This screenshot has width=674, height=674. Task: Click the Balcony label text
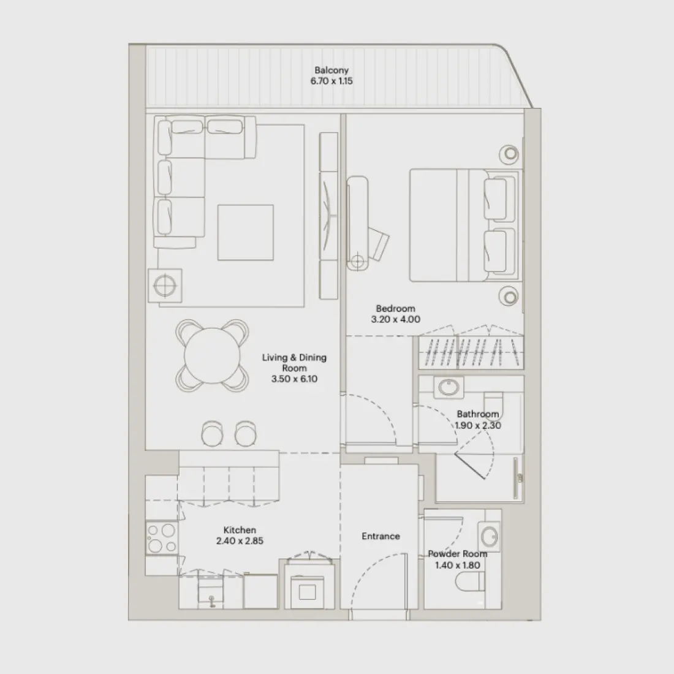(x=331, y=70)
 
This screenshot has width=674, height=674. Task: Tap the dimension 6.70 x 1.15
(x=331, y=81)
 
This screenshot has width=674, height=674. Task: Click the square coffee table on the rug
(x=245, y=232)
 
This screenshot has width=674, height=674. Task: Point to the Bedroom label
(x=395, y=309)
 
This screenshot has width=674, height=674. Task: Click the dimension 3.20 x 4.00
(x=395, y=319)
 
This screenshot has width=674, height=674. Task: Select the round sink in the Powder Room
(x=490, y=537)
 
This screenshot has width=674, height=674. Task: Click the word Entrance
(x=381, y=536)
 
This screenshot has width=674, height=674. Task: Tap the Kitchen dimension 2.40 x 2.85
(x=240, y=541)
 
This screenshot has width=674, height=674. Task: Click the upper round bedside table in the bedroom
(x=509, y=154)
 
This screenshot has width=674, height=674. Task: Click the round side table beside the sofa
(x=164, y=286)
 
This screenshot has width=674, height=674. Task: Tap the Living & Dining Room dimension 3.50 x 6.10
(x=294, y=379)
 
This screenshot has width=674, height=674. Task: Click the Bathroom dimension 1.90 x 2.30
(x=478, y=425)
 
